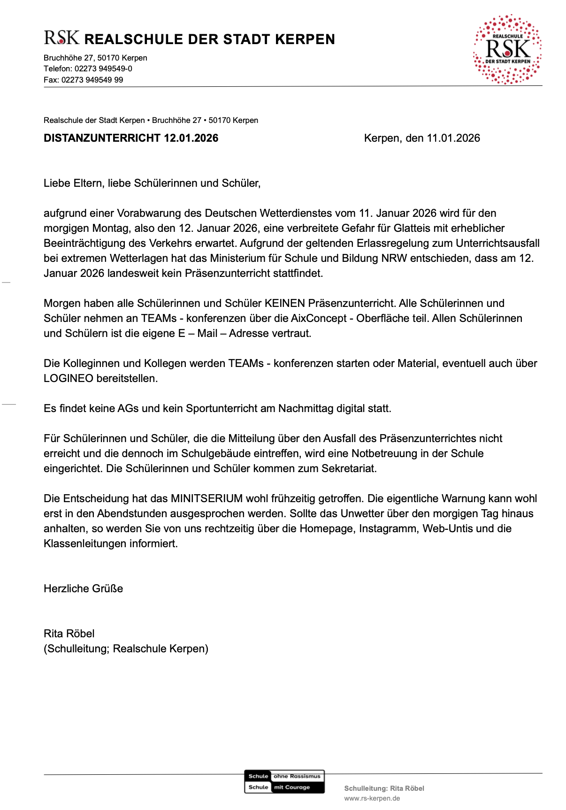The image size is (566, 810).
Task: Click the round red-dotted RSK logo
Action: [508, 49]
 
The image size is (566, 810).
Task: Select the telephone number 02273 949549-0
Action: [103, 69]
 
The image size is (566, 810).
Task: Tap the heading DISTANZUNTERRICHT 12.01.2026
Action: [131, 138]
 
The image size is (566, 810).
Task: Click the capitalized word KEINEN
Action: [285, 303]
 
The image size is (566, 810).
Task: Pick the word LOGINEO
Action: [69, 378]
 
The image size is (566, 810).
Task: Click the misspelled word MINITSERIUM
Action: [207, 498]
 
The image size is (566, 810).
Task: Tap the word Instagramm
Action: [388, 528]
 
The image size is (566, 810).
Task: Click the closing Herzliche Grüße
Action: [84, 588]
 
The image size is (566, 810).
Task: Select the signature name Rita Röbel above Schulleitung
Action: [69, 634]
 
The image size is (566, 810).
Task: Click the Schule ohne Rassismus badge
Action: [284, 781]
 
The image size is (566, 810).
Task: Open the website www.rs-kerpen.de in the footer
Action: [372, 798]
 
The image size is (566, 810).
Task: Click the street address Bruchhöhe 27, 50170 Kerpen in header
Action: [95, 58]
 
